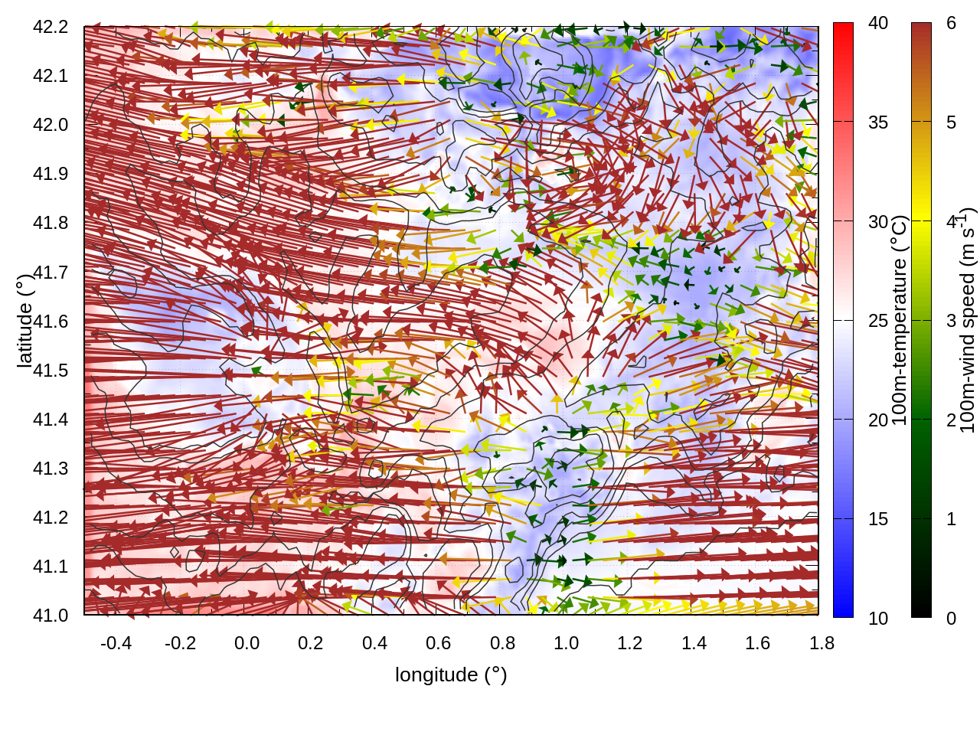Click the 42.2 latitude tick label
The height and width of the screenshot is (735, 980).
coord(51,27)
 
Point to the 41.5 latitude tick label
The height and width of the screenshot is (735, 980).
coord(51,371)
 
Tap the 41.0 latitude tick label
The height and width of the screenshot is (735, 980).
coord(51,616)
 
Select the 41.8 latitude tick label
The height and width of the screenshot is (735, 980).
coord(51,223)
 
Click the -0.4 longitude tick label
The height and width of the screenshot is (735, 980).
coord(116,643)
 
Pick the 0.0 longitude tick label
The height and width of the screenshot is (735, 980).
coord(247,643)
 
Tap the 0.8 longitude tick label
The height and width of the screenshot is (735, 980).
coord(502,643)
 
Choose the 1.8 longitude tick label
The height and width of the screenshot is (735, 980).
coord(822,643)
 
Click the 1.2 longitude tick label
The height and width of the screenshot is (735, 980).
coord(630,643)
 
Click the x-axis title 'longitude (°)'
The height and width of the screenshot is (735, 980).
coord(451,675)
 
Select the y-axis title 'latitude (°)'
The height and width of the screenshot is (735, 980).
coord(24,321)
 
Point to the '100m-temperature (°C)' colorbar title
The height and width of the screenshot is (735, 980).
coord(900,320)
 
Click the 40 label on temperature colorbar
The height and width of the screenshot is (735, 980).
coord(878,23)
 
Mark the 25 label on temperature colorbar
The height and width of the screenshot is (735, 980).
coord(878,321)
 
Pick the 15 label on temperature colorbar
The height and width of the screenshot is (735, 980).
coord(878,519)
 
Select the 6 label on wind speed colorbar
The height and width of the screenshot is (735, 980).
coord(951,23)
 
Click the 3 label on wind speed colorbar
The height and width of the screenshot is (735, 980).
coord(951,321)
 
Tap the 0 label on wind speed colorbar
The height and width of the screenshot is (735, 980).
coord(951,619)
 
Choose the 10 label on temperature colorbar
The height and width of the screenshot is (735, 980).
coord(878,619)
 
